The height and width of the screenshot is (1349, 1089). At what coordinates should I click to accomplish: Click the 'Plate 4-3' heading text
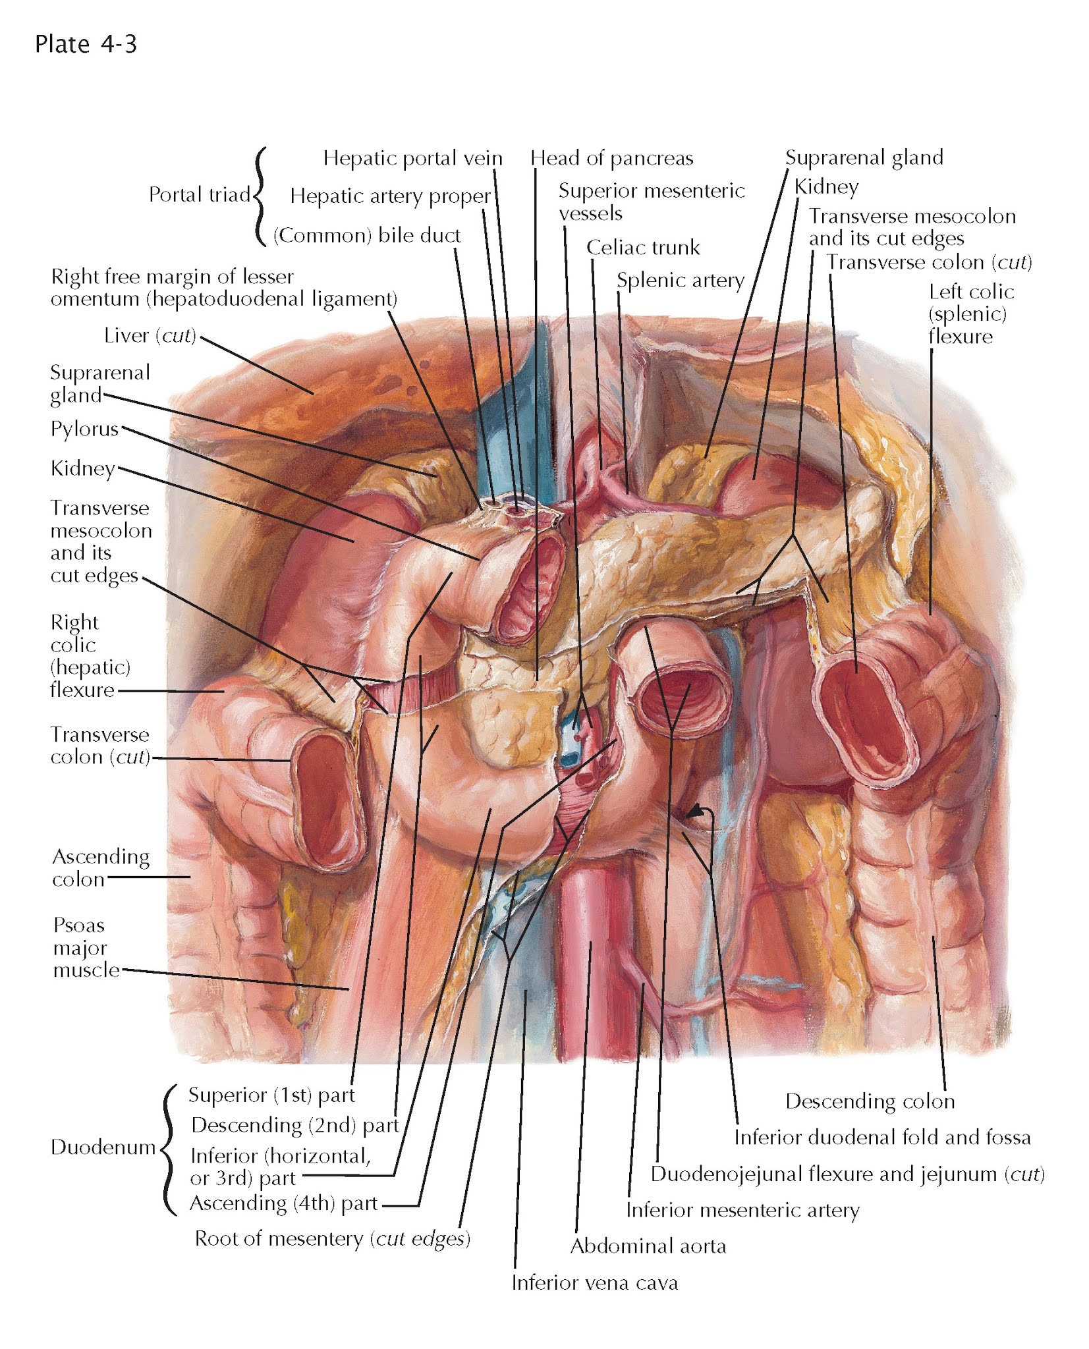[x=86, y=44]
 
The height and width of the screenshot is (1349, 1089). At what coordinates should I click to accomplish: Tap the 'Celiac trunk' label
[x=642, y=248]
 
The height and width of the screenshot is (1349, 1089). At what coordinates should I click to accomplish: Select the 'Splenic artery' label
[x=680, y=281]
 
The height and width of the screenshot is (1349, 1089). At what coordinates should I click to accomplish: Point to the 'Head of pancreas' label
[x=611, y=158]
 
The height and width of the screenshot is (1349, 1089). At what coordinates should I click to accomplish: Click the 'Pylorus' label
[x=84, y=429]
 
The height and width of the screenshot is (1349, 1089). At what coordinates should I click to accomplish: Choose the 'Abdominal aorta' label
[x=648, y=1246]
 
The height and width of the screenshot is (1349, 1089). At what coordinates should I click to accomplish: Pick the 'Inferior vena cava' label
[x=594, y=1282]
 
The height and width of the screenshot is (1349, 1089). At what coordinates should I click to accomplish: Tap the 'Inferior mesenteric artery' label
[x=742, y=1210]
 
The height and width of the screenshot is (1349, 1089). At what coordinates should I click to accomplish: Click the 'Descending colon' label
[x=870, y=1101]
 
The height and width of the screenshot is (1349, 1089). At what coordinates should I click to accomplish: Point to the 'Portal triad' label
[x=199, y=194]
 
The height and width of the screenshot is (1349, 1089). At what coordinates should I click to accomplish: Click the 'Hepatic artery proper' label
[x=390, y=196]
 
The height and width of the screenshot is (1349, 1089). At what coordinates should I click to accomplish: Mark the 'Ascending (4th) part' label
[x=284, y=1203]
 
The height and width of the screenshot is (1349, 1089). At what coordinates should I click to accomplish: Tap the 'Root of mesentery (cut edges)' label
[x=332, y=1239]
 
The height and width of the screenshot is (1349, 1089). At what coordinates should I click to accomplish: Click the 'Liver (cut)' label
[x=150, y=336]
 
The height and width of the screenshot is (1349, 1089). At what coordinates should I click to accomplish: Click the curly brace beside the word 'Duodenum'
[x=167, y=1149]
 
